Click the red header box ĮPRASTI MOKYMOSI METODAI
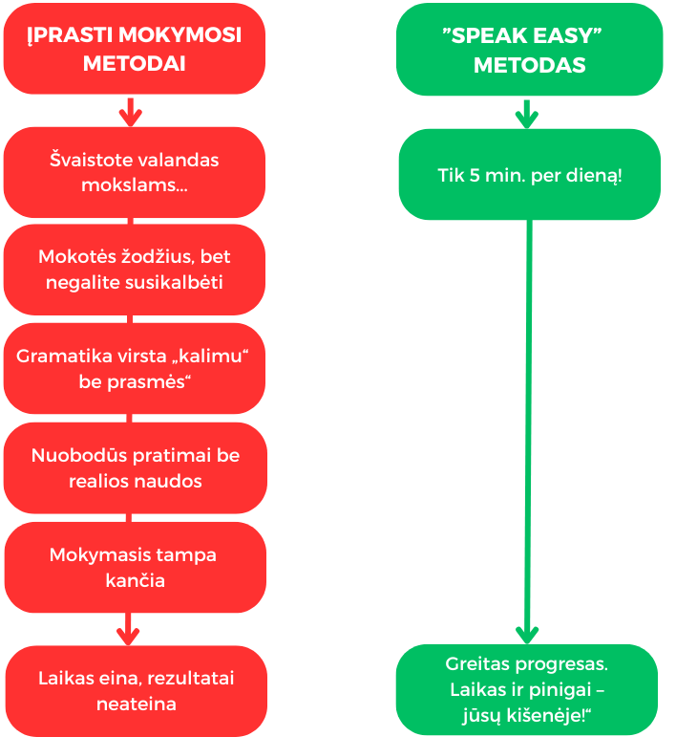click(134, 49)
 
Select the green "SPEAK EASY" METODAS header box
click(529, 49)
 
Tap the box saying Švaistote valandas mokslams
click(134, 172)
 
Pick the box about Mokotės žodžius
click(134, 270)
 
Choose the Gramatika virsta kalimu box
click(134, 368)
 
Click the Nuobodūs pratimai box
click(135, 467)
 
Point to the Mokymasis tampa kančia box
click(135, 567)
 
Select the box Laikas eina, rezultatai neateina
click(135, 691)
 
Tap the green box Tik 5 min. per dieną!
click(529, 175)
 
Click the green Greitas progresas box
click(527, 689)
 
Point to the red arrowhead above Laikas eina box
click(128, 636)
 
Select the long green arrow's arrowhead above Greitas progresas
click(526, 633)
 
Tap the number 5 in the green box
click(475, 177)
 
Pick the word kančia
click(135, 580)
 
